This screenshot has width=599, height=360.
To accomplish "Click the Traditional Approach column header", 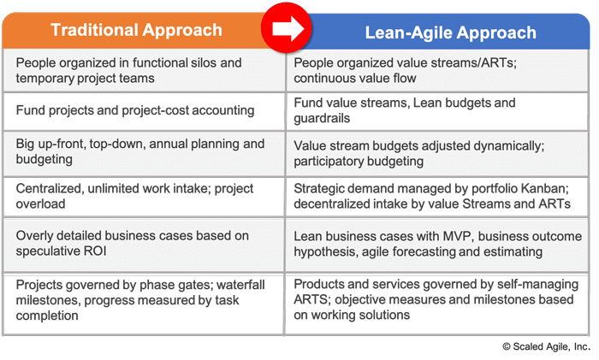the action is (x=136, y=30).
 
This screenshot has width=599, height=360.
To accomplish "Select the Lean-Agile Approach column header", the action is (x=451, y=32).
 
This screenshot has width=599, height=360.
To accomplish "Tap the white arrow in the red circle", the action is (x=288, y=28).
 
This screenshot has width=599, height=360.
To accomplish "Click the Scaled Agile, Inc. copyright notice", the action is (x=546, y=346).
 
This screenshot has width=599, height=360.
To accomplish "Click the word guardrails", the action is (x=322, y=118).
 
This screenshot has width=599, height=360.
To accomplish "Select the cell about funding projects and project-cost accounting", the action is (x=144, y=111).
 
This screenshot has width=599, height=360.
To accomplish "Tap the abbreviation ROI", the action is (x=94, y=251).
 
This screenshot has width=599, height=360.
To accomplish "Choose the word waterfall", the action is (x=240, y=285).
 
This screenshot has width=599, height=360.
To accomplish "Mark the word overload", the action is (x=40, y=204).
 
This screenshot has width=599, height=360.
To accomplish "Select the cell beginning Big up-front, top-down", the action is (x=144, y=153).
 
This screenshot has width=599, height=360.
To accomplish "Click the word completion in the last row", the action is (x=47, y=316).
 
